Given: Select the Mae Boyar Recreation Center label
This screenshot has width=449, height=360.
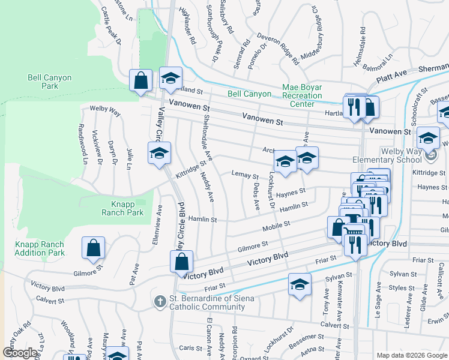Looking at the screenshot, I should (302, 95).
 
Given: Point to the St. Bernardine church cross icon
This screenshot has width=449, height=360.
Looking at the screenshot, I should (160, 299).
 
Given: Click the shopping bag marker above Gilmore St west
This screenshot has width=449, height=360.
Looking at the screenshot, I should (94, 248).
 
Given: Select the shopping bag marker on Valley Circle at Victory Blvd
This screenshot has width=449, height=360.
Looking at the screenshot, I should (181, 262).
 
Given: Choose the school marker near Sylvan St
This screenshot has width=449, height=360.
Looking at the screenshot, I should (300, 285).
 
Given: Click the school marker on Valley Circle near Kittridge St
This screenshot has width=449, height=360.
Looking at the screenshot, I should (159, 154).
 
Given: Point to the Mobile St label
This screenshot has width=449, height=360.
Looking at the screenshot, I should (276, 226).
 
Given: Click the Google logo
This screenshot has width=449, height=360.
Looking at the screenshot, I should (20, 353).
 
